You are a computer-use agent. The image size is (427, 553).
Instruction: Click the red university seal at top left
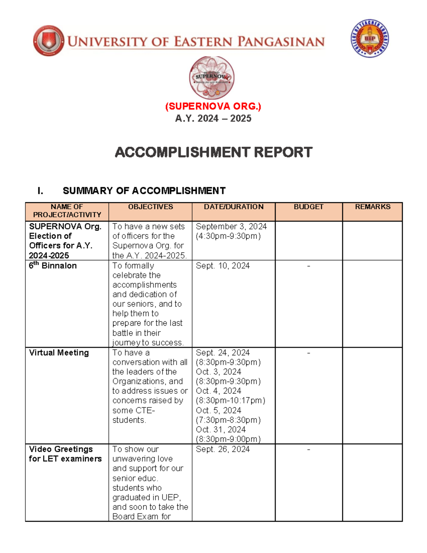pyautogui.click(x=49, y=41)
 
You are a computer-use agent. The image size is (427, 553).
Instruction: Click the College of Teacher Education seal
pyautogui.click(x=370, y=38)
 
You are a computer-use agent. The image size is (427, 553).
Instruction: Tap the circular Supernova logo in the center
pyautogui.click(x=212, y=78)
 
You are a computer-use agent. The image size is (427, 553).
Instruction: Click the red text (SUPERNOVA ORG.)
pyautogui.click(x=213, y=106)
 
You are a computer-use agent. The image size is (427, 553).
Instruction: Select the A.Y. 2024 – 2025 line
pyautogui.click(x=213, y=119)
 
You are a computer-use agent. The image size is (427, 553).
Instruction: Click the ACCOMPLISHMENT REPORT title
pyautogui.click(x=213, y=152)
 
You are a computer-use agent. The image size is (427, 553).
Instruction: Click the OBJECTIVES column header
pyautogui.click(x=151, y=207)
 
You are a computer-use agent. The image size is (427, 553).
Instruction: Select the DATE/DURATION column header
pyautogui.click(x=233, y=207)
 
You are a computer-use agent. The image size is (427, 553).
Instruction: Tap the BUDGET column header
pyautogui.click(x=309, y=207)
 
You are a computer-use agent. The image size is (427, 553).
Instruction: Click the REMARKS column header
pyautogui.click(x=373, y=207)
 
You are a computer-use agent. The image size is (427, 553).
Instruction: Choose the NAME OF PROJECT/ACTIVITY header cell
pyautogui.click(x=67, y=211)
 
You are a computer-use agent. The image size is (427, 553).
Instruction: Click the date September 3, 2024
pyautogui.click(x=231, y=226)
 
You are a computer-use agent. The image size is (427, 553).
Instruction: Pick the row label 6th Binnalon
pyautogui.click(x=53, y=266)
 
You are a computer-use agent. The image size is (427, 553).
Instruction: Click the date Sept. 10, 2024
pyautogui.click(x=223, y=266)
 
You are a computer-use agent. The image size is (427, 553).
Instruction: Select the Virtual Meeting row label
pyautogui.click(x=59, y=353)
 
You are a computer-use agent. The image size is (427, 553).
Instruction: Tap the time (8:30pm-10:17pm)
pyautogui.click(x=231, y=401)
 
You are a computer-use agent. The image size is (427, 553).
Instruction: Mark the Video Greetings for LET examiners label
pyautogui.click(x=65, y=454)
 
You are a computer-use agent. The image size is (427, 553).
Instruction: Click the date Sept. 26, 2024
pyautogui.click(x=223, y=449)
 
